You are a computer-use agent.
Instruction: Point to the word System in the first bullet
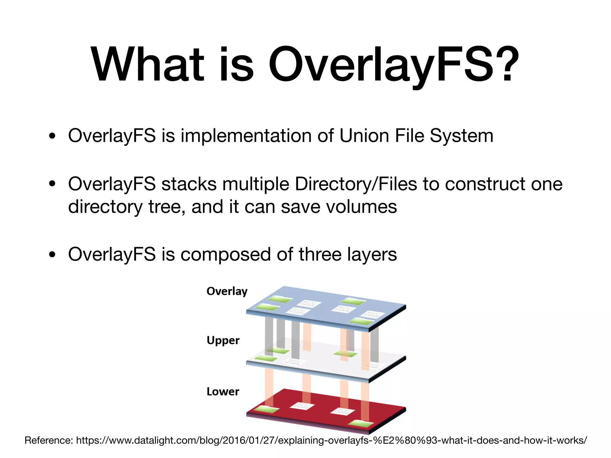tap(462, 136)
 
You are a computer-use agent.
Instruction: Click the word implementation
tap(246, 136)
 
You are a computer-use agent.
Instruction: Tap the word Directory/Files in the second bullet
tap(356, 184)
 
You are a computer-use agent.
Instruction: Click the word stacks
tap(189, 184)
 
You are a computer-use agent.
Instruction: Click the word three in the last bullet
tap(320, 254)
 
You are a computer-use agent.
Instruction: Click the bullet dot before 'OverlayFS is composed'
tap(53, 255)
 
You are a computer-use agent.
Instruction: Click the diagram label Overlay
tap(227, 291)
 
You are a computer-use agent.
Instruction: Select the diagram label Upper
tap(223, 341)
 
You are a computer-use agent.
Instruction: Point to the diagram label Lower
tap(223, 392)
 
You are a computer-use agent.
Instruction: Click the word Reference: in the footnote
tap(49, 440)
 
